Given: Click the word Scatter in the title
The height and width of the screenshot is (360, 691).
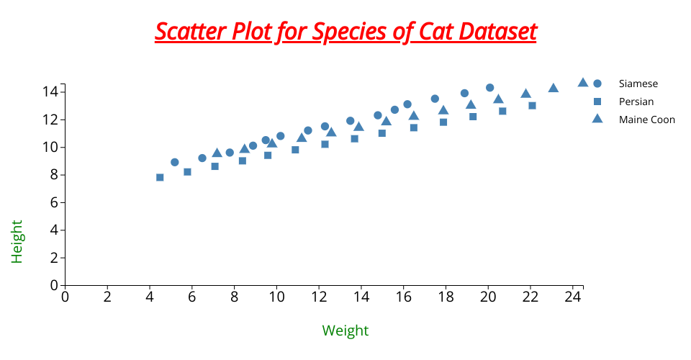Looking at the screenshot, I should tap(189, 32).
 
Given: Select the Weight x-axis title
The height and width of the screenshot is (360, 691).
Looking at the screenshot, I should tap(345, 330).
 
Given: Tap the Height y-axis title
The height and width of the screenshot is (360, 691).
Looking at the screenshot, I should tap(17, 241).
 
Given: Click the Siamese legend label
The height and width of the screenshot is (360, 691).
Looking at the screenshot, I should tap(638, 84).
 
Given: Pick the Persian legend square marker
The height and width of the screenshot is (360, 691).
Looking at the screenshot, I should tap(597, 102).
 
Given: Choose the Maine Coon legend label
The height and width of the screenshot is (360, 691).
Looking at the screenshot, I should tap(646, 120).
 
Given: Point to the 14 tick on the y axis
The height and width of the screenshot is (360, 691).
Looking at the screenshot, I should tap(50, 91).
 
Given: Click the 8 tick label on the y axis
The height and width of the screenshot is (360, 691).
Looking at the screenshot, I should tap(53, 175).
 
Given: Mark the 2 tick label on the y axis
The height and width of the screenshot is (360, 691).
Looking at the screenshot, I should tap(53, 258).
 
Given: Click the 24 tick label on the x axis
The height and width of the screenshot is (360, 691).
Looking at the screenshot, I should tap(573, 296).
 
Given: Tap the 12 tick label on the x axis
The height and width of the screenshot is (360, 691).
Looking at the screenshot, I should tap(319, 296).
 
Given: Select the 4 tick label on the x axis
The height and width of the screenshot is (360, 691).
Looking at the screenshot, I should tap(150, 296).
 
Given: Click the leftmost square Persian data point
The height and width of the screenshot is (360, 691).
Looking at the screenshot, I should tap(160, 177).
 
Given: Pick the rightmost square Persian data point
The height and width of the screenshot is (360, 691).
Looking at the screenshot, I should tap(533, 105).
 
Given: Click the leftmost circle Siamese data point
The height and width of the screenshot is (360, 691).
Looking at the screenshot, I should tap(175, 162).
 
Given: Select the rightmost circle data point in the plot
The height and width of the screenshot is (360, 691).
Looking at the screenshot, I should tap(490, 87).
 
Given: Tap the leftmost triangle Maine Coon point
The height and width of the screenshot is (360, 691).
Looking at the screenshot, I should tap(217, 153).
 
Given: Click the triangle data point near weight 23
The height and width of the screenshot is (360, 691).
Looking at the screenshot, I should tap(554, 88).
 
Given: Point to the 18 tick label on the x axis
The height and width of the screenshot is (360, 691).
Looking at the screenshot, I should tap(446, 296).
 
